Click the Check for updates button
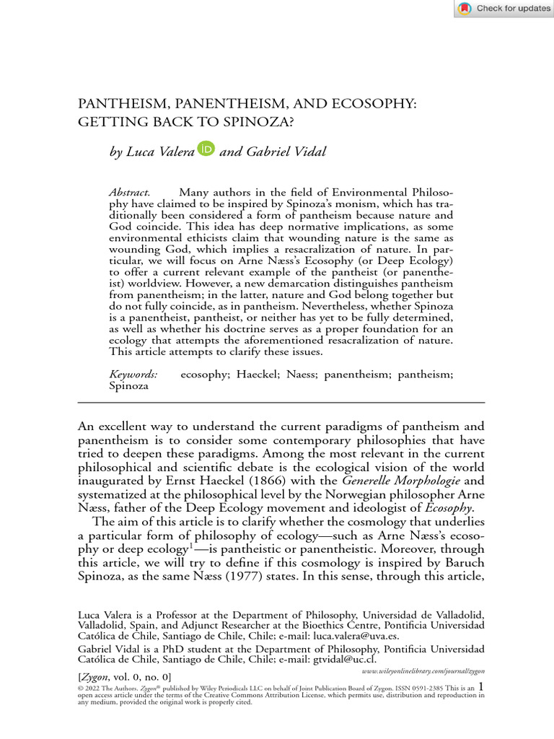(504, 9)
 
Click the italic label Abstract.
(129, 193)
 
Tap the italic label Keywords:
(133, 375)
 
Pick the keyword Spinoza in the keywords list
(128, 386)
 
